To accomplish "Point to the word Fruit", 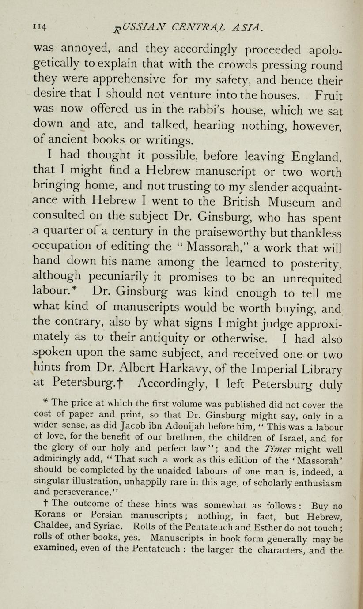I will (326, 95).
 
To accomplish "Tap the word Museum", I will (301, 203).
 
